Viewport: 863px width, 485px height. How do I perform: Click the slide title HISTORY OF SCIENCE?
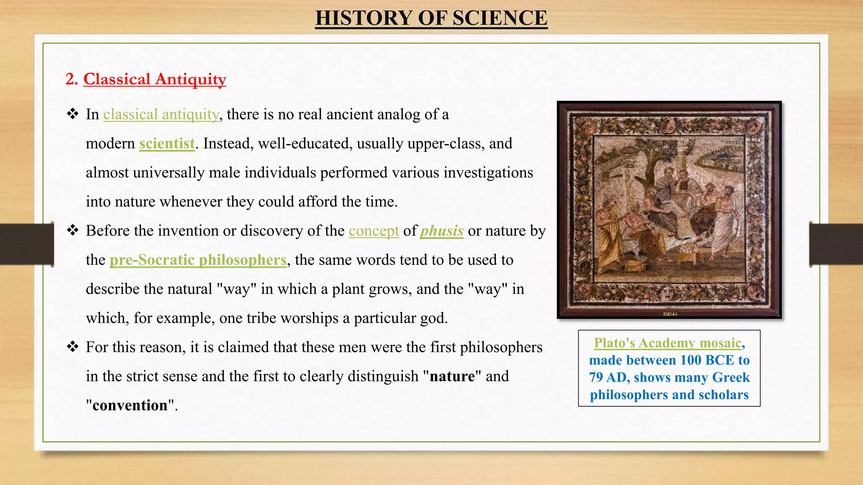pos(431,18)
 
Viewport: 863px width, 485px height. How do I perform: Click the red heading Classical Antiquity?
pos(154,79)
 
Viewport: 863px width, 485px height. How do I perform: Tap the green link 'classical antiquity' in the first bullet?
pos(161,115)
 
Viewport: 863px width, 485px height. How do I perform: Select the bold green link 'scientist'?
pos(167,144)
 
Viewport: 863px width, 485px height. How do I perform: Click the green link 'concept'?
pos(373,231)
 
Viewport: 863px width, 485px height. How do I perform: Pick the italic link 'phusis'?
pos(442,231)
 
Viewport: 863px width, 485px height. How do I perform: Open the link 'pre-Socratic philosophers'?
pos(198,260)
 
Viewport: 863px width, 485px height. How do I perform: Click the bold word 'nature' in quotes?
pos(452,376)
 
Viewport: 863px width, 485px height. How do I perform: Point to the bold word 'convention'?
pos(130,405)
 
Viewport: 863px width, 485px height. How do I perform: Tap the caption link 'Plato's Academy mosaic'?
pos(667,343)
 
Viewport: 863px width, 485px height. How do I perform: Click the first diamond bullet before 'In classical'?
pos(73,114)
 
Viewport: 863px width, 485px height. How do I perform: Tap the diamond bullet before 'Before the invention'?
pos(73,230)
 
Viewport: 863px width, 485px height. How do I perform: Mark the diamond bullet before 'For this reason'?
pos(73,347)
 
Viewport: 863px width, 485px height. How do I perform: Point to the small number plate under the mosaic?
pos(669,314)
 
